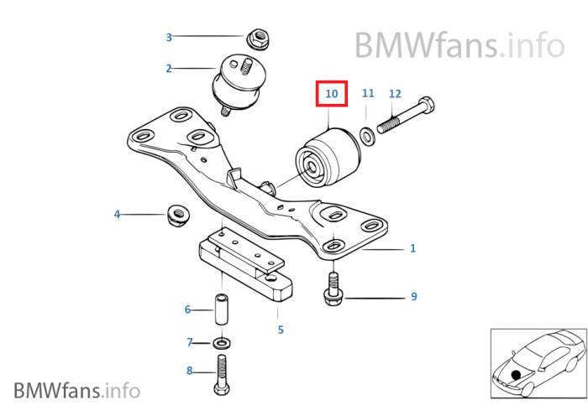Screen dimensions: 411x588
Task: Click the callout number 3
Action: pos(169,37)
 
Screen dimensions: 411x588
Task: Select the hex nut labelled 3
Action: pos(257,38)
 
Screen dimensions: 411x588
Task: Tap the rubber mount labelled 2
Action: pos(234,82)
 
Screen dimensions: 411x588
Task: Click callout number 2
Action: pos(169,69)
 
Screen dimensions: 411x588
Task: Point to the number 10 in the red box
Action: pos(332,94)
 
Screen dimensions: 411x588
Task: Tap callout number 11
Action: pos(368,94)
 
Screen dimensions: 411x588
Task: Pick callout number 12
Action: pos(395,94)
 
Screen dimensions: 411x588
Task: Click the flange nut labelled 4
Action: pos(176,216)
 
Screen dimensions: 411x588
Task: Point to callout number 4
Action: pos(118,215)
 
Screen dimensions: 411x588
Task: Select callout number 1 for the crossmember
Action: pos(412,248)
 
